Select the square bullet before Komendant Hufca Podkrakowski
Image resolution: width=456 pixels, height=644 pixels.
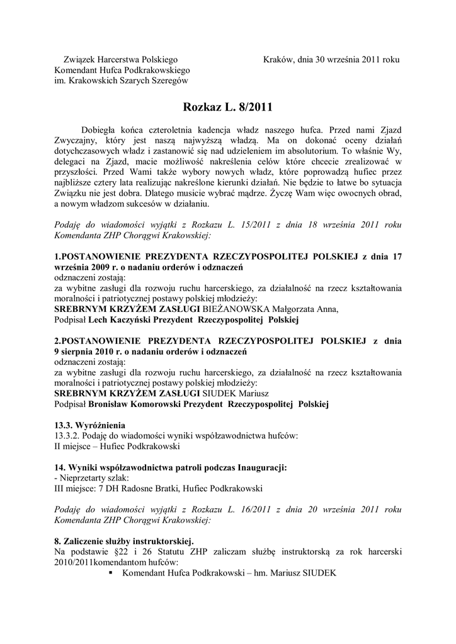[x=111, y=573]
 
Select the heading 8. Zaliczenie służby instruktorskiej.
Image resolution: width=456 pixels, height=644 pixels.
[x=124, y=541]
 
